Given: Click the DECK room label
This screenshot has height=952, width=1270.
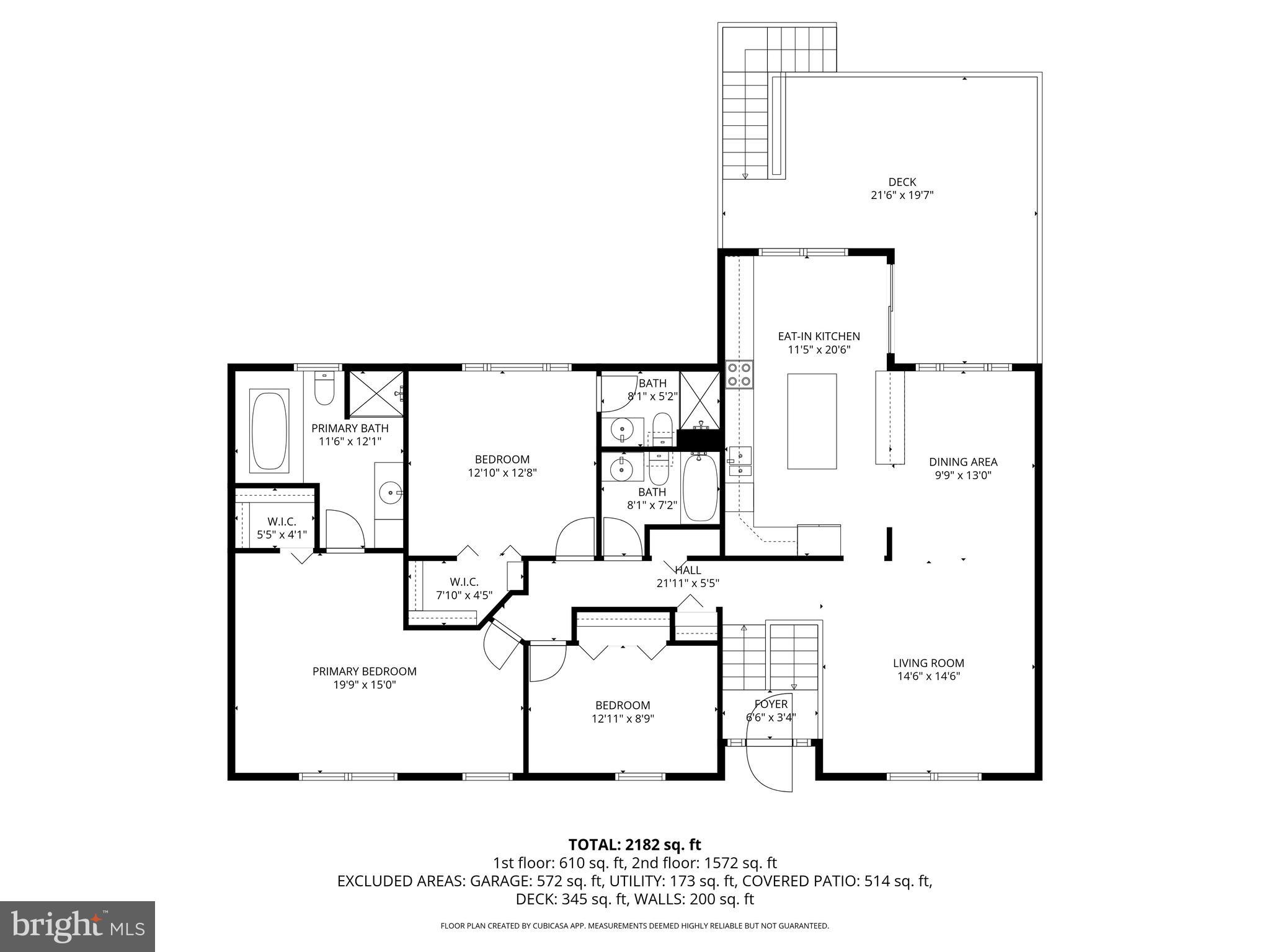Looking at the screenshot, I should (902, 182).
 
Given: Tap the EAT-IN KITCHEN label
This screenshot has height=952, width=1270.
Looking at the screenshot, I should (819, 337).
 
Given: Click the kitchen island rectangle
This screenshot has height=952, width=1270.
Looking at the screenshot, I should (812, 421).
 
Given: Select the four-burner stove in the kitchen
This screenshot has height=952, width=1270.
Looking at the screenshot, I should (739, 374).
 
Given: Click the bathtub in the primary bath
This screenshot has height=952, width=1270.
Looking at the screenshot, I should (269, 429).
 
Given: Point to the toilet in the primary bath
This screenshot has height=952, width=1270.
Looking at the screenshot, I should (324, 389).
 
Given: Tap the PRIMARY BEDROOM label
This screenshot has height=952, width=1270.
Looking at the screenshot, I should (364, 671).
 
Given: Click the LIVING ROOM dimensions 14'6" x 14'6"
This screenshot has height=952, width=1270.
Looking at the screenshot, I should (928, 676).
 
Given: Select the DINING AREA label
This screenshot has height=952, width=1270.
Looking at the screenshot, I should (962, 462).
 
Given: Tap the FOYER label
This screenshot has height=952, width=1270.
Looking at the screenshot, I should (771, 704).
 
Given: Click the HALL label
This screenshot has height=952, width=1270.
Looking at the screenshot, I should (688, 570).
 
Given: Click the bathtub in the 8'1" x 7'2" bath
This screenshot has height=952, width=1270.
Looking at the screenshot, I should (700, 487).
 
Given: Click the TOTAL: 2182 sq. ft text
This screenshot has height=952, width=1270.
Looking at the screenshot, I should (634, 845).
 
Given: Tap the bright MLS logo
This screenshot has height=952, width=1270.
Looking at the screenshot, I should (78, 926).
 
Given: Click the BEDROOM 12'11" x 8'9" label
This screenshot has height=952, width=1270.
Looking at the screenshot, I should (623, 705).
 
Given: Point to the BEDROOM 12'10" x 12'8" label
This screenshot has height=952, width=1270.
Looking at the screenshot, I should (502, 459).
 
